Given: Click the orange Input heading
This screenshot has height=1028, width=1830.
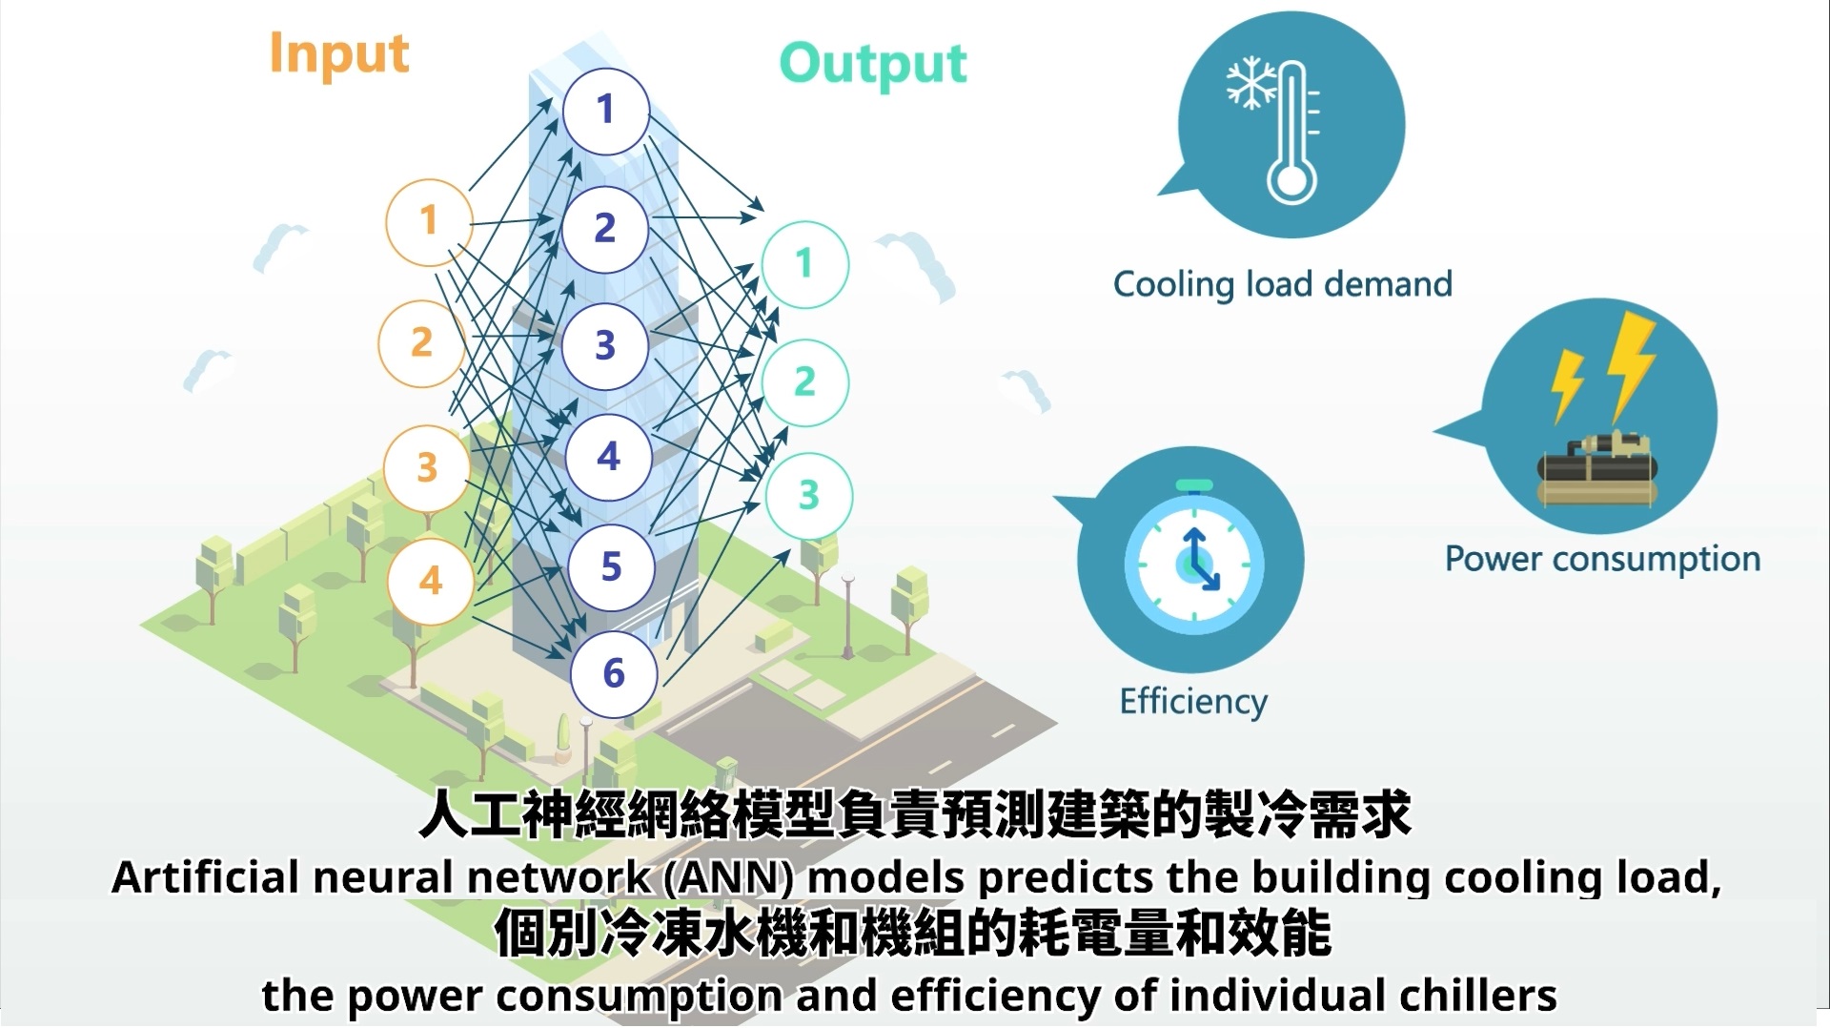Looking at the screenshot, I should (x=339, y=54).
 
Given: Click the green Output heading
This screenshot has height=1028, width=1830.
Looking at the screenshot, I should (x=872, y=65).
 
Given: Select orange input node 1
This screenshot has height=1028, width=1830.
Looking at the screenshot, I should (x=429, y=222).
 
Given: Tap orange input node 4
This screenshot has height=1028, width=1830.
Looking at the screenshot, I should (x=431, y=581).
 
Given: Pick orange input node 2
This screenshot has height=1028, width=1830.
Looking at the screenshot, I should (x=421, y=343).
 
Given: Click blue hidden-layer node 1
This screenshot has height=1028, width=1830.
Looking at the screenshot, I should (x=605, y=111).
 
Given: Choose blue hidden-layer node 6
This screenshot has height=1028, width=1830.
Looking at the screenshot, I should (x=614, y=674).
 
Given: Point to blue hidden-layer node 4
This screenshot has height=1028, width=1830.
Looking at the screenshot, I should (x=608, y=457).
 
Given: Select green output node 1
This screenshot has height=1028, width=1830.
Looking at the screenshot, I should (x=804, y=264).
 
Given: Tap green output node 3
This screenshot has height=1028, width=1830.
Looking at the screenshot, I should (x=808, y=496).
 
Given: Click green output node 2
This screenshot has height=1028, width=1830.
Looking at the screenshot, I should (x=805, y=382).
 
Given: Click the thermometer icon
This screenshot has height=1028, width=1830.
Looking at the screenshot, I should (x=1292, y=134).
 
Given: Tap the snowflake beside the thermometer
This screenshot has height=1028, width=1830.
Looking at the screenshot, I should (x=1250, y=83).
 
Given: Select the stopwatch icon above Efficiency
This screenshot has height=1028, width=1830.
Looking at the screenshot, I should (x=1193, y=563).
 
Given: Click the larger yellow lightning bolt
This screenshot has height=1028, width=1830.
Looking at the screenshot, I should (x=1632, y=363).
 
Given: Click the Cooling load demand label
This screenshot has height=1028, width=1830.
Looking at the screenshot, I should (x=1282, y=284).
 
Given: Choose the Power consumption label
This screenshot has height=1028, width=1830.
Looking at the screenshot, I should (x=1602, y=559).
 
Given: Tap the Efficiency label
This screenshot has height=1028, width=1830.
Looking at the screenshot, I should (x=1193, y=702).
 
